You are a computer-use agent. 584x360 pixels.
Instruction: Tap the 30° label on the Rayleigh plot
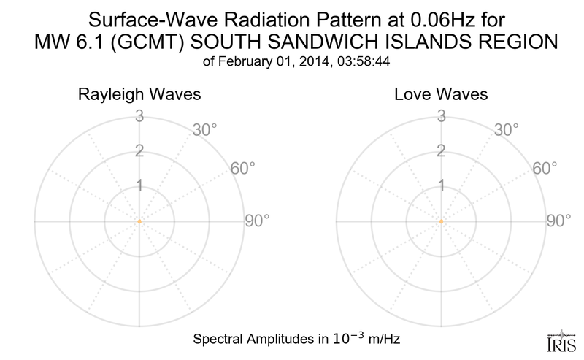click(205, 130)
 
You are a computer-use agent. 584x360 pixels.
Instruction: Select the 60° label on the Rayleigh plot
click(244, 168)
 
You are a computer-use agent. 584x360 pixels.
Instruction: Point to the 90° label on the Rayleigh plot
click(258, 221)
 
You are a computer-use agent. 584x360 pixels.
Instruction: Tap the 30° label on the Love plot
click(507, 130)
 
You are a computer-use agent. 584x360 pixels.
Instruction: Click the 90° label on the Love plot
click(560, 221)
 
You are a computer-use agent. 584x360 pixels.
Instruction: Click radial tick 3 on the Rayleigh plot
click(139, 116)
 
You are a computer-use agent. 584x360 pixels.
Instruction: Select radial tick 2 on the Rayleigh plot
click(139, 151)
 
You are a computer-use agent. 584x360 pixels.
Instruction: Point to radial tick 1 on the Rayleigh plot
click(139, 186)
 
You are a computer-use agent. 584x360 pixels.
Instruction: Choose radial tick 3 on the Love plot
click(441, 116)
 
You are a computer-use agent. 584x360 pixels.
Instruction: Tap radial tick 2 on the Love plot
click(441, 151)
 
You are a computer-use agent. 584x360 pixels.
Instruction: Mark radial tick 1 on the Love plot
click(441, 186)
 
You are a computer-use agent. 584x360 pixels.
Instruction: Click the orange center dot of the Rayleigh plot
click(139, 221)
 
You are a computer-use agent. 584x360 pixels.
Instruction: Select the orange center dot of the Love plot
click(441, 221)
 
